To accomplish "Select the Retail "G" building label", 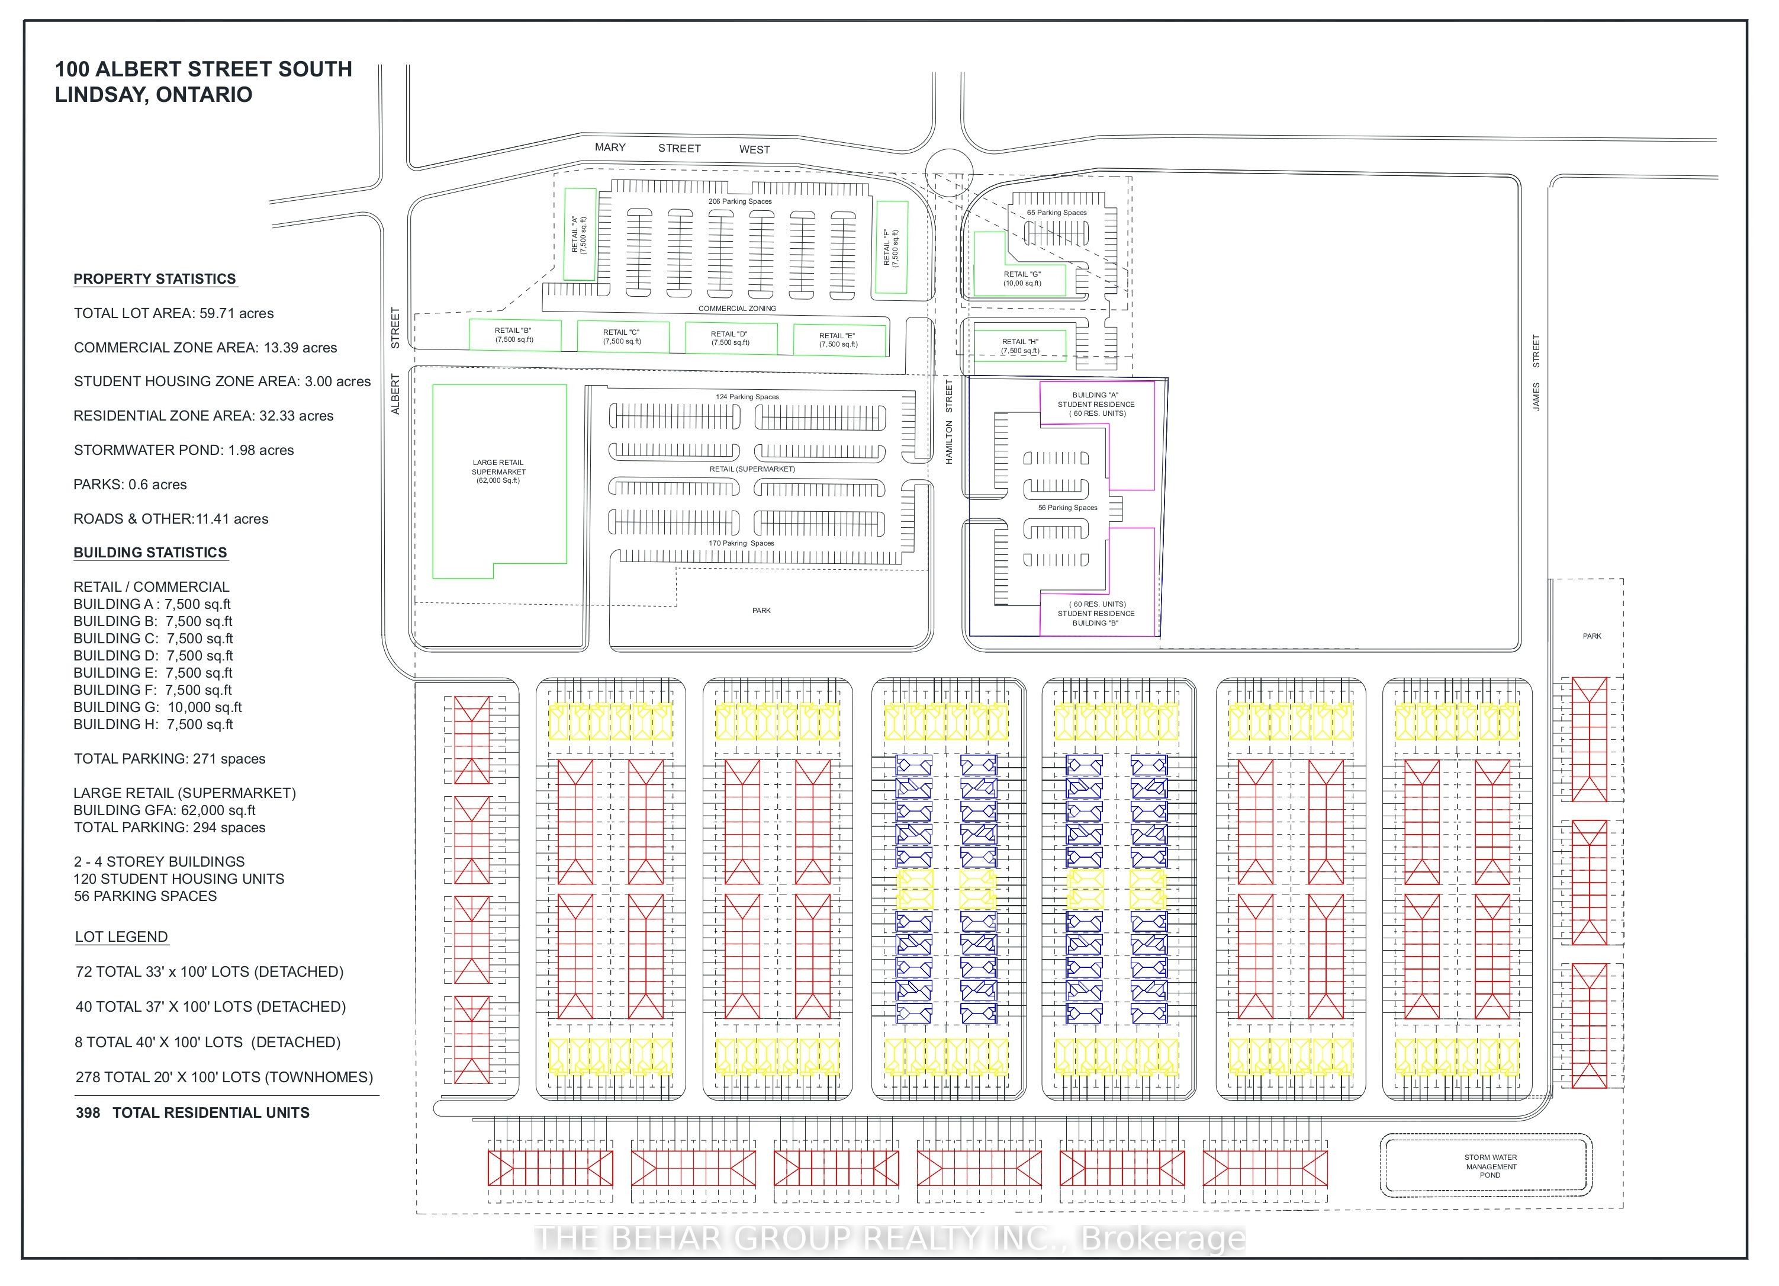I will [1022, 278].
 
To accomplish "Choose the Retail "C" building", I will [622, 336].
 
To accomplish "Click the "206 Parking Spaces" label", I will [739, 201].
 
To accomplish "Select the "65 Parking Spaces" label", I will [1057, 213].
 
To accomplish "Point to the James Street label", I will [1536, 373].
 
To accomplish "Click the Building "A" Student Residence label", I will [1096, 404].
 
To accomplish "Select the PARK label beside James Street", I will [1591, 636].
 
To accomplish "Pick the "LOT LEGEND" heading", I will [121, 937].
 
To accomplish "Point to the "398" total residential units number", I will [88, 1112].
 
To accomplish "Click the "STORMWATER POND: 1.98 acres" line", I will [184, 450].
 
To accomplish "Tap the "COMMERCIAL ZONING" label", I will [736, 309].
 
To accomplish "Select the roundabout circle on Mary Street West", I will [948, 172].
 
